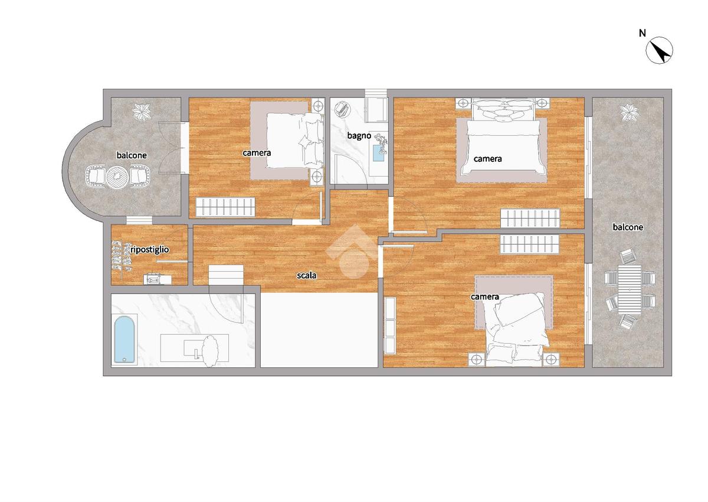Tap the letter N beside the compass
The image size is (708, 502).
643,33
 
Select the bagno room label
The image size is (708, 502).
359,135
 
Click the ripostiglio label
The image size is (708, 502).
149,250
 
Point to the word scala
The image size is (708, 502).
306,276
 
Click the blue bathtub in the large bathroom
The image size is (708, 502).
124,340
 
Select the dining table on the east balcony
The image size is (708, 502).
630,290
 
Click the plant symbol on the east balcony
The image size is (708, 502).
630,113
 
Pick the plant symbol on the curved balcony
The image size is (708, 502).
141,112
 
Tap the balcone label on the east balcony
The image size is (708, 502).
628,227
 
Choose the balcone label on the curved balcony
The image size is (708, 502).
132,155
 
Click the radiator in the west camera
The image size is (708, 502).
225,207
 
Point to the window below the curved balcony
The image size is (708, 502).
139,220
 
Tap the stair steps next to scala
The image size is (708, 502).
226,275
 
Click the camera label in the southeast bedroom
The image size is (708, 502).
484,296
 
